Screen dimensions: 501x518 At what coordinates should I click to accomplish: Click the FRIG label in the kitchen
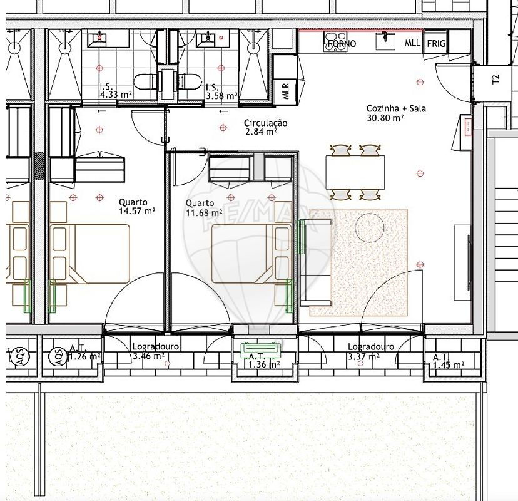click(x=436, y=44)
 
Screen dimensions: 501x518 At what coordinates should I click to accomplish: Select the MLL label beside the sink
click(x=412, y=43)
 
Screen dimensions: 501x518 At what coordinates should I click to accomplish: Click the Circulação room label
click(x=265, y=123)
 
